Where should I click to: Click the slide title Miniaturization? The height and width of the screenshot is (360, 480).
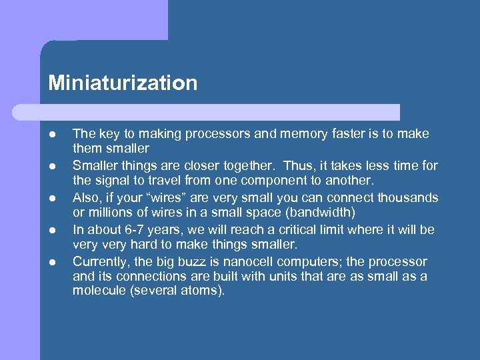(x=123, y=83)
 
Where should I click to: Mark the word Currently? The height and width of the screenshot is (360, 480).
(x=101, y=262)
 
